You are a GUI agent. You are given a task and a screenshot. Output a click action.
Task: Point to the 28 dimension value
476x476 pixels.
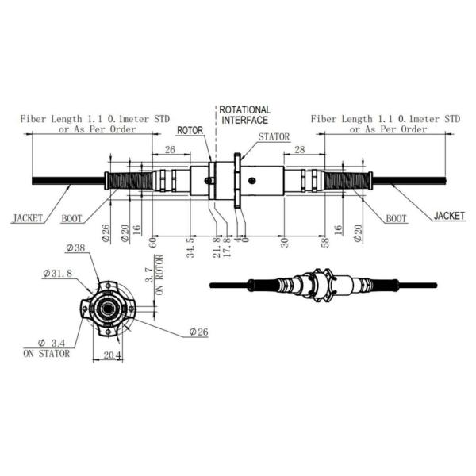point(299,149)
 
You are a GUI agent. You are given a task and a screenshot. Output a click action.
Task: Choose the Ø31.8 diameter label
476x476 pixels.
point(56,274)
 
